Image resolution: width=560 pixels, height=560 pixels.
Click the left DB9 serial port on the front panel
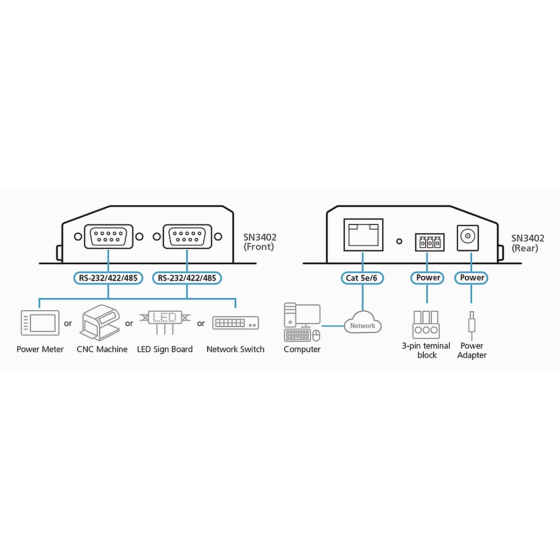pyautogui.click(x=108, y=237)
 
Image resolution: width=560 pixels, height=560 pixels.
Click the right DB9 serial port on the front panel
pyautogui.click(x=188, y=237)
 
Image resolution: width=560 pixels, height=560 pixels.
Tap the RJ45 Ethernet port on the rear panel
pyautogui.click(x=363, y=235)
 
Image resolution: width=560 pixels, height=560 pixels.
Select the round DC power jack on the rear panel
pyautogui.click(x=468, y=238)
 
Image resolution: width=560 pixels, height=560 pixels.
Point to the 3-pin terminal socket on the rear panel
pyautogui.click(x=430, y=242)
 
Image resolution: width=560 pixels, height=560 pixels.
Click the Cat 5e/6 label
pyautogui.click(x=362, y=278)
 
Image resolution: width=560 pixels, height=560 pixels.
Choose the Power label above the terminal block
pyautogui.click(x=427, y=278)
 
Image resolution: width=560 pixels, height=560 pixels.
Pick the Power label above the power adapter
pyautogui.click(x=471, y=278)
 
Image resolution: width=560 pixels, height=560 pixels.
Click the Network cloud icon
pyautogui.click(x=363, y=322)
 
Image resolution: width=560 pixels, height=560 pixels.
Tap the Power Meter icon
pyautogui.click(x=40, y=323)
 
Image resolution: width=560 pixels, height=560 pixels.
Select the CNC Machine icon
pyautogui.click(x=100, y=322)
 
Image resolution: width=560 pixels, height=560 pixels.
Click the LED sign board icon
pyautogui.click(x=165, y=322)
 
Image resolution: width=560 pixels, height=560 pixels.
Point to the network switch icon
pyautogui.click(x=236, y=323)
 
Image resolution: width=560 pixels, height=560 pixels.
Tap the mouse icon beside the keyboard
pyautogui.click(x=316, y=336)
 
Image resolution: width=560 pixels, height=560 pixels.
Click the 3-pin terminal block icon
pyautogui.click(x=426, y=325)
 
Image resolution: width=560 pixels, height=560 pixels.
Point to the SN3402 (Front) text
pyautogui.click(x=260, y=242)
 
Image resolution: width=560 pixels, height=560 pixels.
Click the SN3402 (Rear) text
pyautogui.click(x=528, y=243)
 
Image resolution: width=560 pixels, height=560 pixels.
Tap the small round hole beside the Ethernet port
pyautogui.click(x=399, y=241)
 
